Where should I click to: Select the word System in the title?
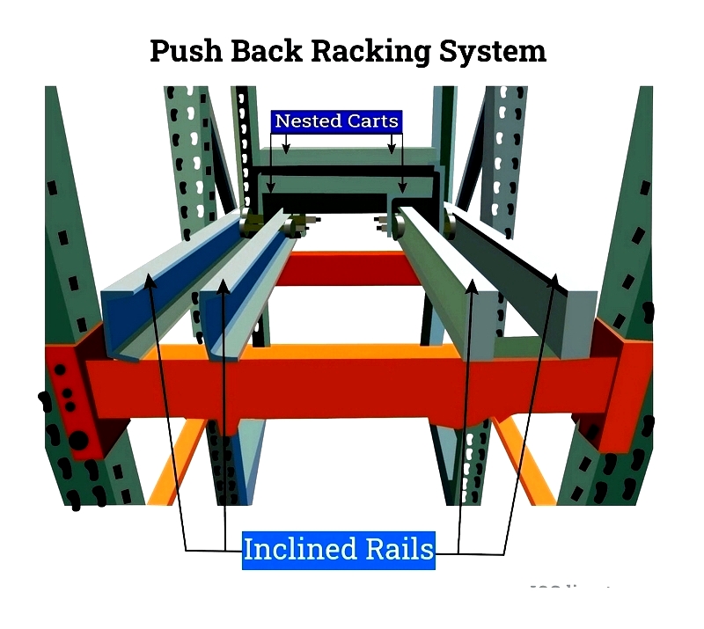click(494, 51)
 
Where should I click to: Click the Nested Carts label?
click(337, 121)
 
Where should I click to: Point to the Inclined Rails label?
click(339, 550)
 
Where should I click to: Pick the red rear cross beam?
click(352, 268)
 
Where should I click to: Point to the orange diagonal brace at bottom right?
click(524, 462)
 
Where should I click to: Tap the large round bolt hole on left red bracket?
click(78, 438)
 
